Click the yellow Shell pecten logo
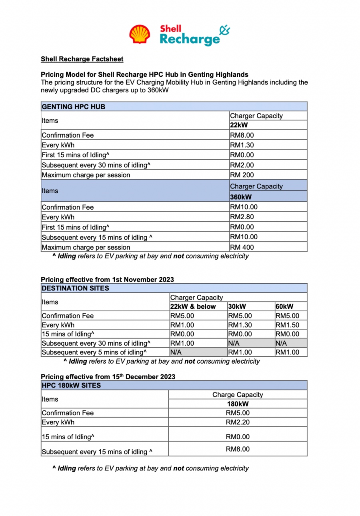[140, 34]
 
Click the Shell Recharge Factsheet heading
[82, 59]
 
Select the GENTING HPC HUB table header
[74, 106]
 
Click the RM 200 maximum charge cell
[242, 175]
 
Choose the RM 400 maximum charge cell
[242, 247]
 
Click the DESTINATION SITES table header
[75, 288]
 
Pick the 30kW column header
[237, 306]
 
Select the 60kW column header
[284, 306]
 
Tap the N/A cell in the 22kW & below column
[176, 352]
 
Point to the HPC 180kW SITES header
[71, 386]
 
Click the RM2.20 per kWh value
[238, 422]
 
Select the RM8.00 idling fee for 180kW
[238, 449]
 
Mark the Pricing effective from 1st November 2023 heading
[107, 280]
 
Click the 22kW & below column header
[193, 306]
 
